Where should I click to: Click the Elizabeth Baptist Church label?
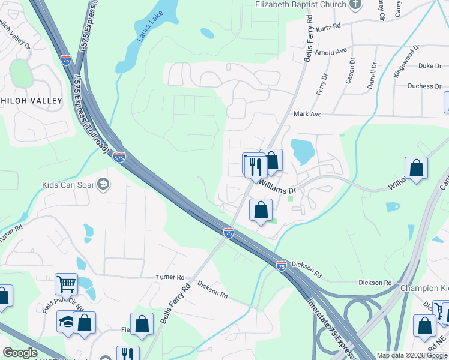(301, 4)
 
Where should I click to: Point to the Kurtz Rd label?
(328, 26)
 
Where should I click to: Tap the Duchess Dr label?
(424, 86)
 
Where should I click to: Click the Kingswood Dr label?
(406, 58)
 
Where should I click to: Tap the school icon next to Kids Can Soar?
(103, 184)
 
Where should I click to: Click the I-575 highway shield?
(119, 157)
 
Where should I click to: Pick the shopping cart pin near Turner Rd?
(66, 283)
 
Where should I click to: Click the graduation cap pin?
(65, 321)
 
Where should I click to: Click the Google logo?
(20, 353)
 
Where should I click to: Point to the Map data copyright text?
(412, 355)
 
